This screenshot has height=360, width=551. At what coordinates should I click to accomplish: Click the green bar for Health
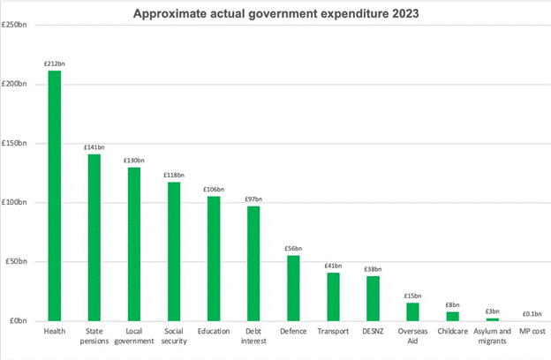(x=55, y=195)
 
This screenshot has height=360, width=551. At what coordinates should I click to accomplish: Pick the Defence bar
(x=293, y=288)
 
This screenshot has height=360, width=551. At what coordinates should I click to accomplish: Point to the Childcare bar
(x=452, y=316)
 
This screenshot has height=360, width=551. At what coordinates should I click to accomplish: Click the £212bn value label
(x=55, y=64)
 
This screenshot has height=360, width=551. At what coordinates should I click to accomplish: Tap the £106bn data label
(x=214, y=189)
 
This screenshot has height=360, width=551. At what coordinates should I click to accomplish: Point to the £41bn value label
(x=333, y=266)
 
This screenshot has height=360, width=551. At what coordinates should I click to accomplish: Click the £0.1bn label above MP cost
(x=532, y=313)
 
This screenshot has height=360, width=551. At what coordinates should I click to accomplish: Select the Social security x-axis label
(x=174, y=336)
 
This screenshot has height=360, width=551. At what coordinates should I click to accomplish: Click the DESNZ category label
(x=373, y=331)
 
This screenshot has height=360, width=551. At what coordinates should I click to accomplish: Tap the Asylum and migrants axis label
(x=492, y=336)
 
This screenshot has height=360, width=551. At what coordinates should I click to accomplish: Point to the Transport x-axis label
(x=333, y=331)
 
